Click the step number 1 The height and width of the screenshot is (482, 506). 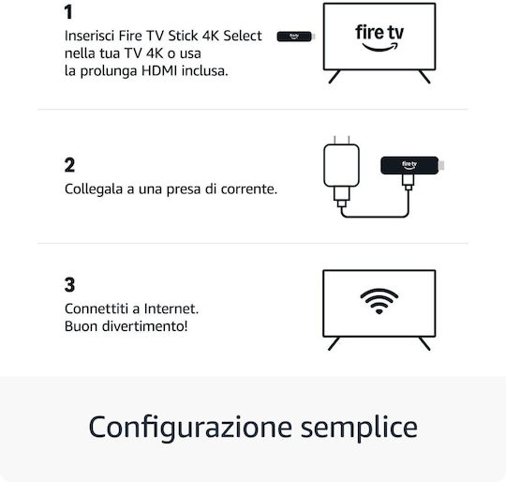pyautogui.click(x=68, y=12)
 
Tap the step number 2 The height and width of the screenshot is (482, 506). pyautogui.click(x=69, y=165)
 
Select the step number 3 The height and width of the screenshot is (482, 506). pyautogui.click(x=69, y=285)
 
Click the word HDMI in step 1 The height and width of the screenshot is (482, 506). pyautogui.click(x=159, y=70)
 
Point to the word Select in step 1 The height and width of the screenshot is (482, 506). pyautogui.click(x=243, y=36)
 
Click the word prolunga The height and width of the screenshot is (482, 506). pyautogui.click(x=109, y=71)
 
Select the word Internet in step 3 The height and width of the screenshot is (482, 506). pyautogui.click(x=171, y=309)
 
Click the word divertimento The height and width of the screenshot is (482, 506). pyautogui.click(x=144, y=326)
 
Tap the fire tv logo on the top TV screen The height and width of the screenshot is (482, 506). pyautogui.click(x=379, y=38)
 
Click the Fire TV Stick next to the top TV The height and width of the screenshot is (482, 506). pyautogui.click(x=296, y=37)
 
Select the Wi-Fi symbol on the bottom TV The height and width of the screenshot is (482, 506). pyautogui.click(x=379, y=301)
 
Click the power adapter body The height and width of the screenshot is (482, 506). pyautogui.click(x=341, y=165)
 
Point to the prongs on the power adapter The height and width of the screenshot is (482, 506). pyautogui.click(x=342, y=140)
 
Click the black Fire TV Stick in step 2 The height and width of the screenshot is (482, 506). pyautogui.click(x=409, y=165)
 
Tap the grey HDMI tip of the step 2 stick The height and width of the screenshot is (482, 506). pyautogui.click(x=441, y=165)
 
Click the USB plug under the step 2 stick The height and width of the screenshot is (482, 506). pyautogui.click(x=409, y=182)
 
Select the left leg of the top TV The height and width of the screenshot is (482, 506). pyautogui.click(x=335, y=77)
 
